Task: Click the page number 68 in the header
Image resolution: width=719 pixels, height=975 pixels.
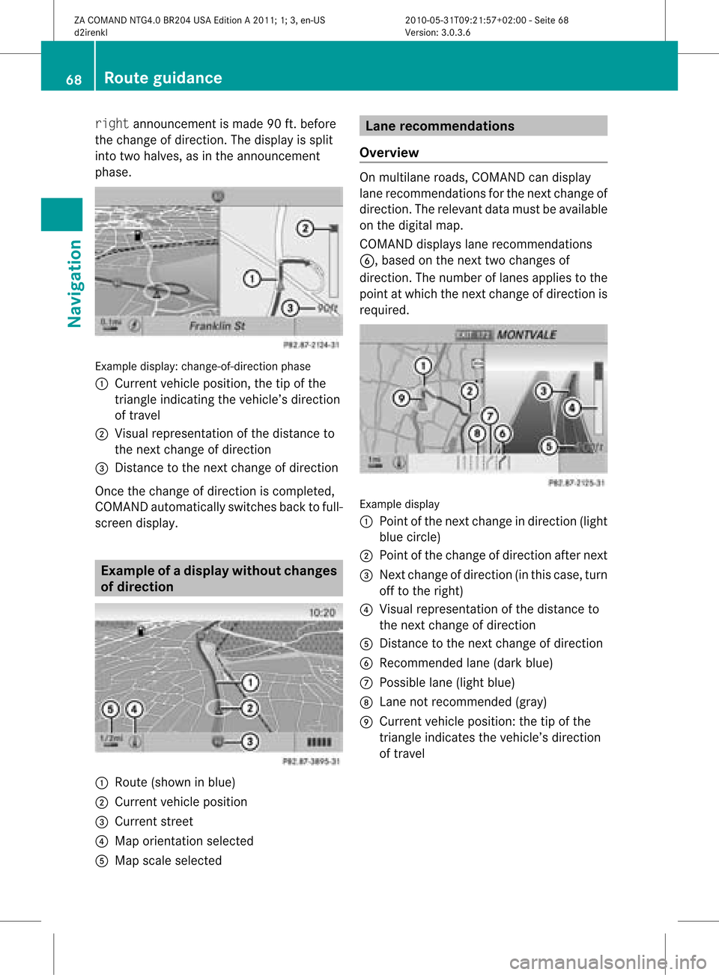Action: tap(73, 79)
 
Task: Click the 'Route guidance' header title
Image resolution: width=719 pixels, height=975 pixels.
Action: tap(163, 78)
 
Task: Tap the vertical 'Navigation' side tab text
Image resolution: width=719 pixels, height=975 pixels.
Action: tap(74, 283)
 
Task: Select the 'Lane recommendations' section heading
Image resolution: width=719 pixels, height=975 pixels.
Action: tap(440, 126)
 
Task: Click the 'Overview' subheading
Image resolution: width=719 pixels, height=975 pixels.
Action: tap(389, 153)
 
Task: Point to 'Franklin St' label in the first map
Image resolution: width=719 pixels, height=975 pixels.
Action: tap(217, 325)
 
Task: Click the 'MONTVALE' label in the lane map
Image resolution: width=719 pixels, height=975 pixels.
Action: tap(527, 334)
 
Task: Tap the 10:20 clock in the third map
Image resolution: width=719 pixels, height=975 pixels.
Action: tap(322, 612)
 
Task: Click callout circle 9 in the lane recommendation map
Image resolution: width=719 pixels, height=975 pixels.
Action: tap(401, 398)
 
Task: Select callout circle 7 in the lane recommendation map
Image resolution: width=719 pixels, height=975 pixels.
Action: tap(490, 416)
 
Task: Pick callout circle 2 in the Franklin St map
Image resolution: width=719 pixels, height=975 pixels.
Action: tap(305, 228)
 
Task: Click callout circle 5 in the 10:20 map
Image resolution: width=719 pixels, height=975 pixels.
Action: tap(111, 709)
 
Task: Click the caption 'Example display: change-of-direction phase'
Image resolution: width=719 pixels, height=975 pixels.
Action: tap(203, 366)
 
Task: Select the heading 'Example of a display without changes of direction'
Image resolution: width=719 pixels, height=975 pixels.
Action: tap(219, 578)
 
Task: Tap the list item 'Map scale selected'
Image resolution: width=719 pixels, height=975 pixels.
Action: tap(168, 861)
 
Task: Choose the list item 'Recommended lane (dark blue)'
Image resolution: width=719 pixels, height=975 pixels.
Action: tap(466, 663)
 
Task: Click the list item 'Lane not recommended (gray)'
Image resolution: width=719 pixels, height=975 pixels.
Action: tap(463, 702)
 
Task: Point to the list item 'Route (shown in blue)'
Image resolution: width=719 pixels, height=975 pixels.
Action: tap(175, 782)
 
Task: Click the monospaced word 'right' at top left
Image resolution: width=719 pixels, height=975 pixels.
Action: tap(112, 123)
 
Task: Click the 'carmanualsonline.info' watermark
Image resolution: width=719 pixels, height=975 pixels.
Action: tap(607, 962)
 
